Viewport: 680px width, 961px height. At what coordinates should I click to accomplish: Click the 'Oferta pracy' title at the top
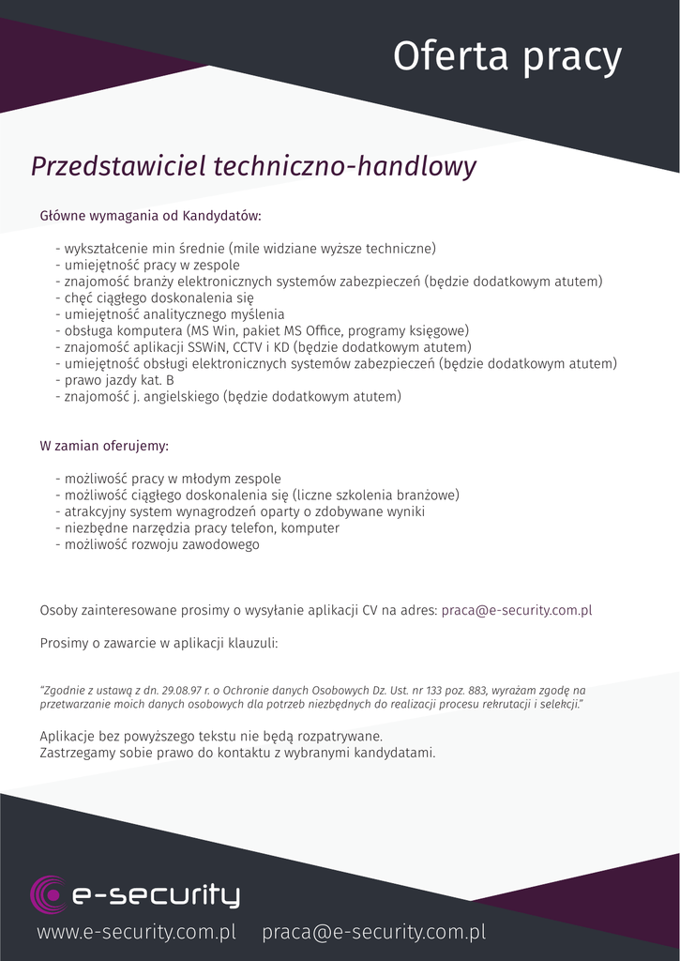pyautogui.click(x=506, y=56)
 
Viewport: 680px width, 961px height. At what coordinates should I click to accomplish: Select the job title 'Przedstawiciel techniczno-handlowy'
pyautogui.click(x=253, y=166)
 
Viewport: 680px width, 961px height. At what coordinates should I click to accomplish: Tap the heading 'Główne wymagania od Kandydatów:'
pyautogui.click(x=150, y=216)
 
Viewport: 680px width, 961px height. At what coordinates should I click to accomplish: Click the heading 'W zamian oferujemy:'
pyautogui.click(x=104, y=445)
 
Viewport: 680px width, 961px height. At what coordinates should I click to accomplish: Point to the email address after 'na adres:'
pyautogui.click(x=516, y=610)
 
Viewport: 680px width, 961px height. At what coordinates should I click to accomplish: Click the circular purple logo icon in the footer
pyautogui.click(x=47, y=893)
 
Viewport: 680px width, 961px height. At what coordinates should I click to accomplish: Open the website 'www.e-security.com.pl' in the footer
pyautogui.click(x=136, y=932)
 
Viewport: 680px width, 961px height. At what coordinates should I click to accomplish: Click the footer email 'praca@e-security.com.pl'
pyautogui.click(x=373, y=932)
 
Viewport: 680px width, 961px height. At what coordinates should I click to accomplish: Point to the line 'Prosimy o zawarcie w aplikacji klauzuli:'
pyautogui.click(x=159, y=644)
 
